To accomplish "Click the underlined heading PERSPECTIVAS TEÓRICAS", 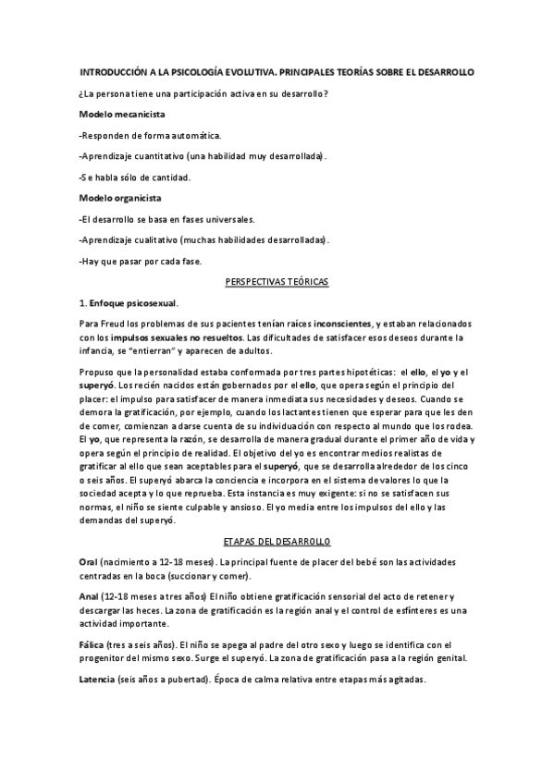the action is pyautogui.click(x=277, y=281).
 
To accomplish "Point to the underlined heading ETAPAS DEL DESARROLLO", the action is pyautogui.click(x=277, y=539).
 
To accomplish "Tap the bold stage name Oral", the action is pyautogui.click(x=90, y=562).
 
